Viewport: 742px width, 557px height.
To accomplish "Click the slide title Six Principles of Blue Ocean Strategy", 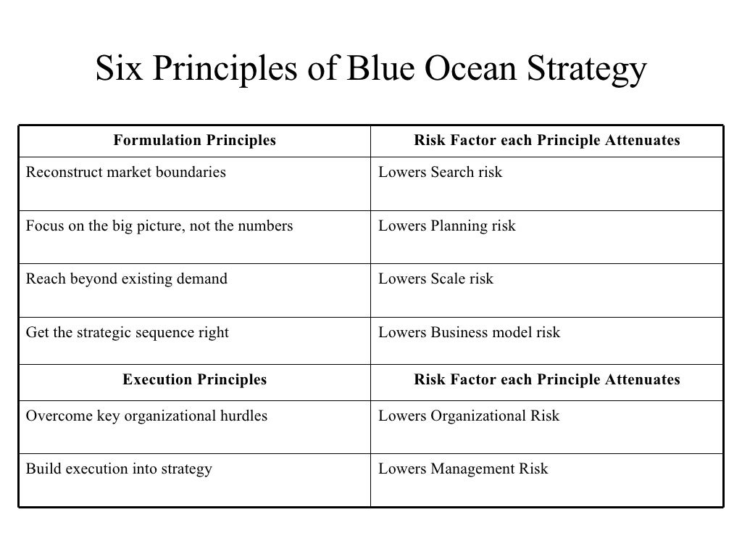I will (x=370, y=70).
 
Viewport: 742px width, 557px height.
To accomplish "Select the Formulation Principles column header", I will (x=194, y=141).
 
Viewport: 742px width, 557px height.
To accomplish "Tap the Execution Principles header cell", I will (x=194, y=379).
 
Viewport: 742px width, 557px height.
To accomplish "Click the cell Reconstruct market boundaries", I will (x=126, y=173).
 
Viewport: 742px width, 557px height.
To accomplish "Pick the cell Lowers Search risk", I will (x=440, y=173).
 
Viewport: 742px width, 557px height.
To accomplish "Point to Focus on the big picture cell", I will (x=159, y=226).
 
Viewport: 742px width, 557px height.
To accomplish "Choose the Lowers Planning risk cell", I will (x=447, y=226).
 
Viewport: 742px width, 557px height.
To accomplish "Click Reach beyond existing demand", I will (x=127, y=279).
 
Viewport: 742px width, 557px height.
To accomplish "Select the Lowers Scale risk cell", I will (x=435, y=279).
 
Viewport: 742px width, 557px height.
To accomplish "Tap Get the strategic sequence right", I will (x=128, y=333).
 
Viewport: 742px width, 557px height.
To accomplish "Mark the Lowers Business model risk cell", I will (x=469, y=333).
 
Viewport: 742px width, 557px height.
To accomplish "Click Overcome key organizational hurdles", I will (x=146, y=416).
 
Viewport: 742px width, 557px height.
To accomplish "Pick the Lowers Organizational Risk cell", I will (x=469, y=416).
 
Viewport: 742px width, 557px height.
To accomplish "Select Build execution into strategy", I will (x=119, y=469).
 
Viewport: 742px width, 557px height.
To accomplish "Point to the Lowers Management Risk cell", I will (x=463, y=469).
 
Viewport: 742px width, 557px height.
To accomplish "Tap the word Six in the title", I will (x=117, y=70).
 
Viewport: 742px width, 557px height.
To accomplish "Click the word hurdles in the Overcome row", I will (x=243, y=416).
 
